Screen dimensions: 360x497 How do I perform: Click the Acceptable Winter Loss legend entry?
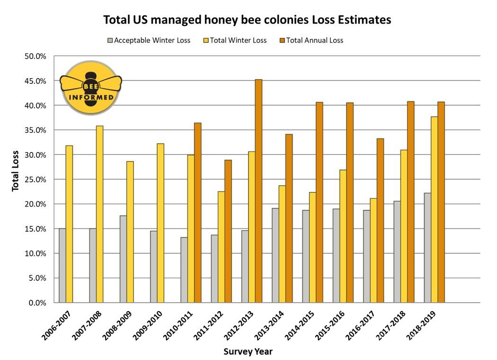[x=149, y=40]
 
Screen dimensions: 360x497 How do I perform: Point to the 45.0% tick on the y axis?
[x=36, y=81]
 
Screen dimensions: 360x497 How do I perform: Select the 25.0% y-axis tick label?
[x=36, y=180]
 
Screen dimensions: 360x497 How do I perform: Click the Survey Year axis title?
[x=248, y=351]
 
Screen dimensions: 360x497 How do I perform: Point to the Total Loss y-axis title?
[x=16, y=171]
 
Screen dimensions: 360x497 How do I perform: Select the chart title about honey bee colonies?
[x=247, y=20]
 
